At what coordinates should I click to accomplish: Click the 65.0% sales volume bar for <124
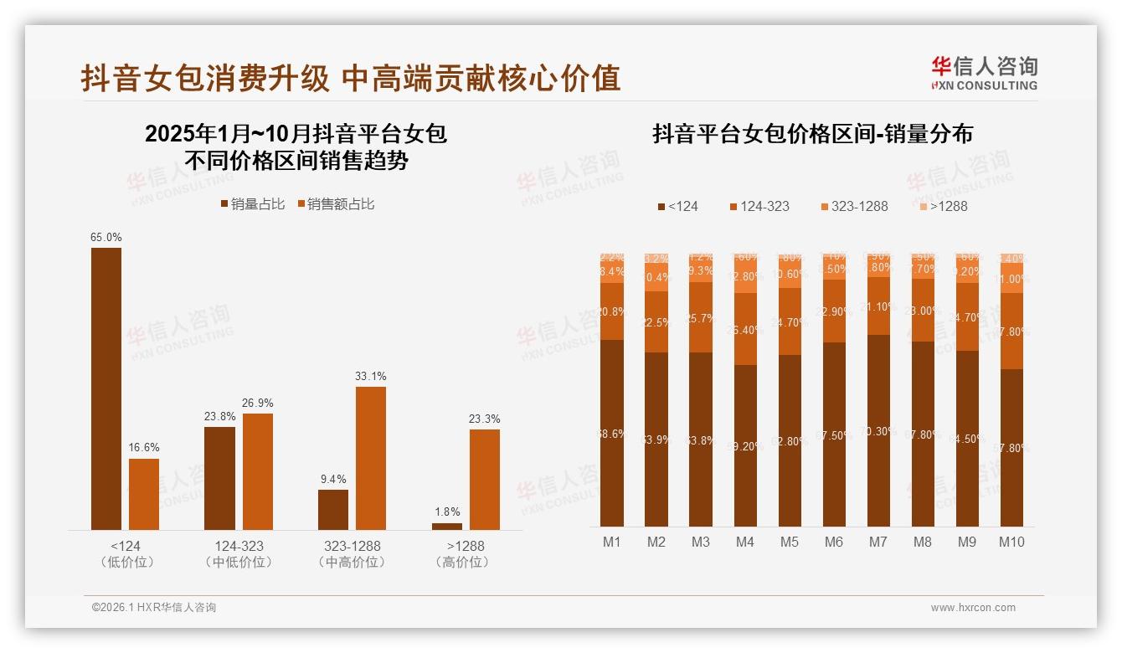(106, 388)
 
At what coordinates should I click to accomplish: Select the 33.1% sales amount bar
(371, 458)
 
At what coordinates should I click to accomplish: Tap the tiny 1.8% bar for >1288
(447, 526)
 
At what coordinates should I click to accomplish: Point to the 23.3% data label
(485, 419)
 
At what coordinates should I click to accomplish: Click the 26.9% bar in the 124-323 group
(257, 471)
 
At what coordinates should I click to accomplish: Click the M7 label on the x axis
(878, 542)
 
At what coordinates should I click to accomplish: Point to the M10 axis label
(1011, 542)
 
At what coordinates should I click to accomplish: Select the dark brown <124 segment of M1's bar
(612, 433)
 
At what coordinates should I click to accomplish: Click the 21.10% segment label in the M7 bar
(878, 307)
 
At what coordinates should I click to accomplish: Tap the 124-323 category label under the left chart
(239, 546)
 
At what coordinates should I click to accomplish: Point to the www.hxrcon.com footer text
(973, 608)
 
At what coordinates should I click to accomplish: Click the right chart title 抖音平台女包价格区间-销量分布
(812, 134)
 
